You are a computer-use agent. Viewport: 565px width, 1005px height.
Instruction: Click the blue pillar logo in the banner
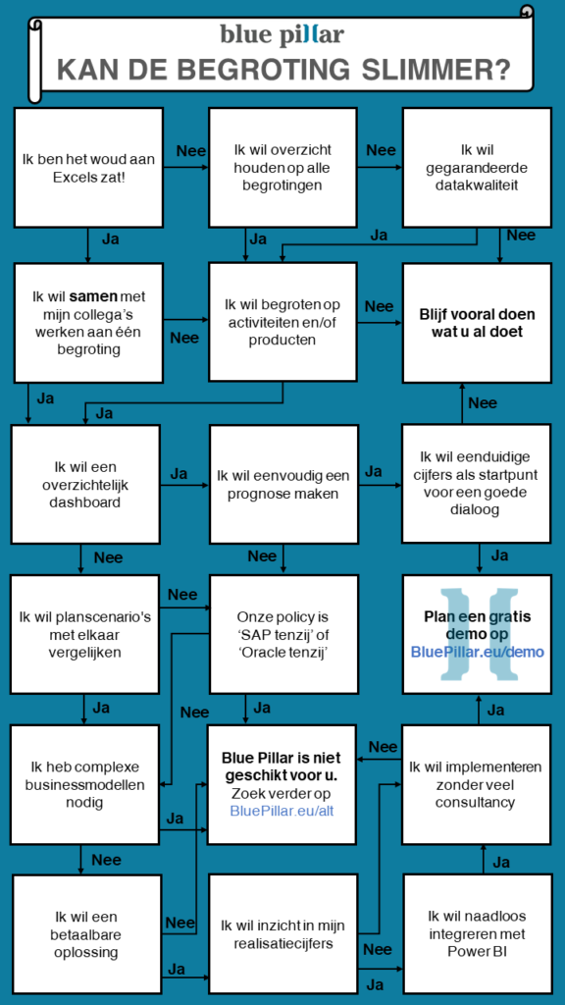[x=282, y=34]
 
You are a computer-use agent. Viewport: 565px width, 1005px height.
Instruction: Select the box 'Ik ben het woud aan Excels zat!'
[x=88, y=167]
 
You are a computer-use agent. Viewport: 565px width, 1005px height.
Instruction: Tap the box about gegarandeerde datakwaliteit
[x=477, y=167]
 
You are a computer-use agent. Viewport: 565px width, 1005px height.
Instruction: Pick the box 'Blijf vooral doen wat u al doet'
[x=477, y=322]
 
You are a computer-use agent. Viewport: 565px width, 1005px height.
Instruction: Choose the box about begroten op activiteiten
[x=282, y=322]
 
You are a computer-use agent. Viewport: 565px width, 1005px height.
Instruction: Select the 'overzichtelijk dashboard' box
[x=86, y=484]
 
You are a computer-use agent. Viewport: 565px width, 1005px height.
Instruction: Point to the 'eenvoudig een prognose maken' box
[x=282, y=484]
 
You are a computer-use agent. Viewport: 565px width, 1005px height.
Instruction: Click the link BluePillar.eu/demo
[x=477, y=653]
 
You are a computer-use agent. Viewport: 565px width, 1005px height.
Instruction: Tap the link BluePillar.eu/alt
[x=282, y=810]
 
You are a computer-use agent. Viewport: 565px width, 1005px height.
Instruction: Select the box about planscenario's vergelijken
[x=86, y=634]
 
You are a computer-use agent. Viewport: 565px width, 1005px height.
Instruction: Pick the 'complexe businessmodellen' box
[x=86, y=784]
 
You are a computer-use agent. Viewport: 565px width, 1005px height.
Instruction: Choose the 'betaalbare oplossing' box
[x=86, y=934]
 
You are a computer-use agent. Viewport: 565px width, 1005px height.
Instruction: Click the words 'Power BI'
[x=477, y=950]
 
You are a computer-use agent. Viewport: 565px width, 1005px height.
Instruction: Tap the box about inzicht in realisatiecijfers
[x=282, y=934]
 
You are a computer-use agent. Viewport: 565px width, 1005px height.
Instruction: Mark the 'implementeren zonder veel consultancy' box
[x=477, y=784]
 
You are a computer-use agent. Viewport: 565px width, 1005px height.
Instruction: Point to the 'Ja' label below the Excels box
[x=110, y=239]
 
